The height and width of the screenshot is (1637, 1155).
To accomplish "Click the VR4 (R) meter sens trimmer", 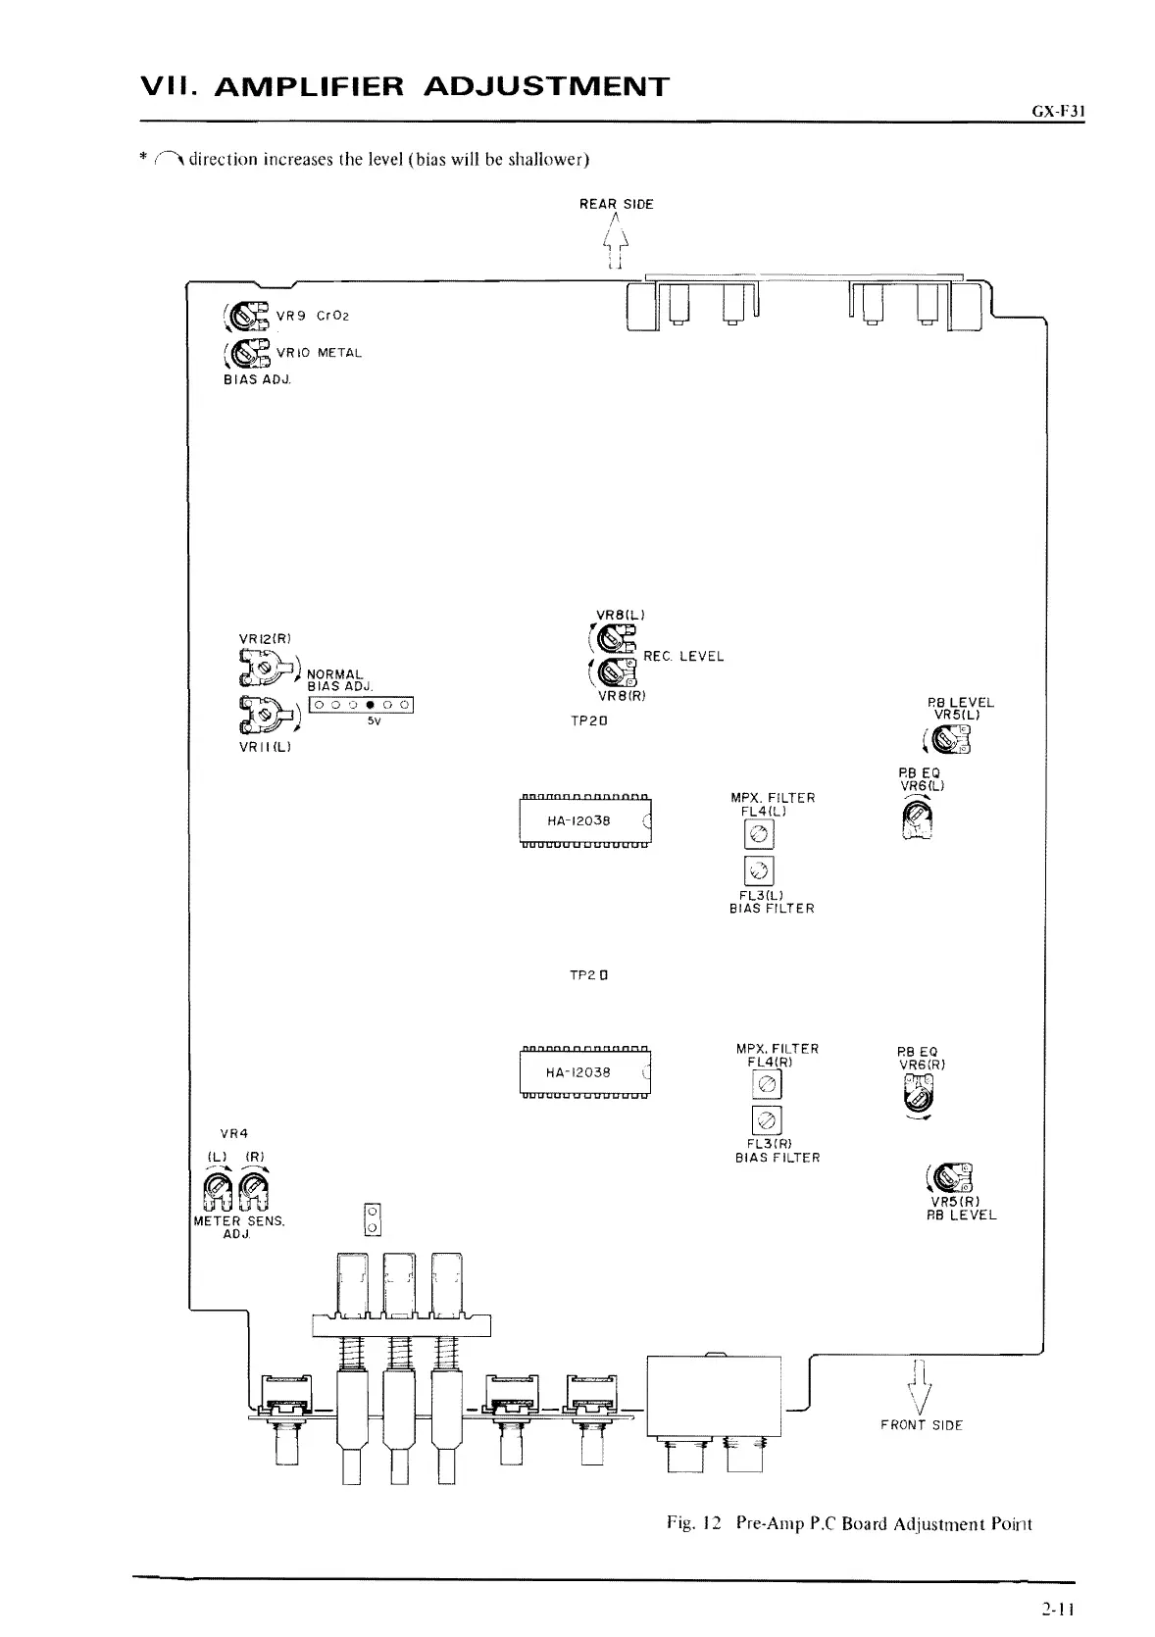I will (x=255, y=1192).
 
